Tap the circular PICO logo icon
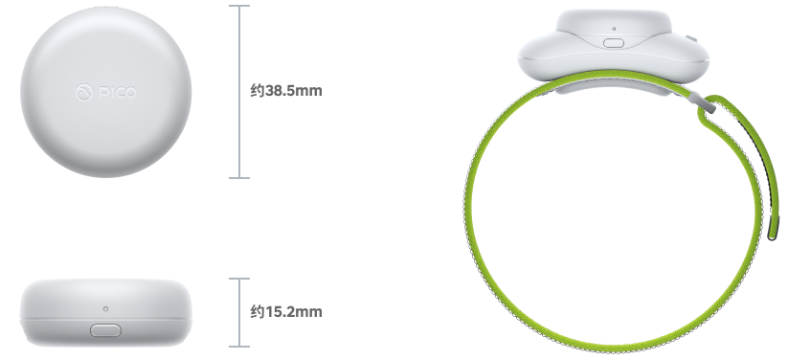[84, 93]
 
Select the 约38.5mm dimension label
[286, 91]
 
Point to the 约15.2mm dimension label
[286, 312]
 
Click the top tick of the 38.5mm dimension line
[239, 6]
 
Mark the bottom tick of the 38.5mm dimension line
[239, 178]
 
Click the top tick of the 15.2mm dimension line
[239, 279]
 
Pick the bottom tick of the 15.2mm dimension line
[239, 346]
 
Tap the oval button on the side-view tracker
[105, 330]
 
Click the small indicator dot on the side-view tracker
[105, 309]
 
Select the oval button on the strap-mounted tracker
[614, 42]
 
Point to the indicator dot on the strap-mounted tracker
[614, 29]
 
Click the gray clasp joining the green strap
[705, 102]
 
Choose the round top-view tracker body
[105, 92]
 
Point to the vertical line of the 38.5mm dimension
[239, 92]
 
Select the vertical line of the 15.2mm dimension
[239, 312]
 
